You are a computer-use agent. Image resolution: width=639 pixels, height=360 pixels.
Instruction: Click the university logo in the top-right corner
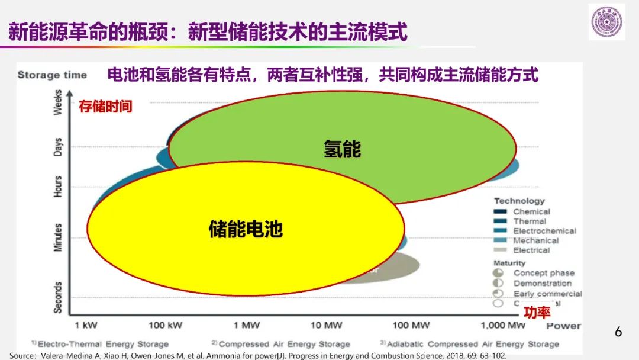click(x=606, y=22)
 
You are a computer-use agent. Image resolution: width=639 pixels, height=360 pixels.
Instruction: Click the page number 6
click(x=618, y=332)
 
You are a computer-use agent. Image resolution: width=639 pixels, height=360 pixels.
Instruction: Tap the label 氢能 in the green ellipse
click(x=342, y=149)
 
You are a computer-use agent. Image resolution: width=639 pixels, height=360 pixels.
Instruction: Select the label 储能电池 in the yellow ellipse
click(x=246, y=229)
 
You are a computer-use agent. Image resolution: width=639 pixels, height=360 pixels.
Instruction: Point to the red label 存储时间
click(x=105, y=107)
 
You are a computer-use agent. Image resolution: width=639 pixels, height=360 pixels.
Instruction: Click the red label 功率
click(x=537, y=313)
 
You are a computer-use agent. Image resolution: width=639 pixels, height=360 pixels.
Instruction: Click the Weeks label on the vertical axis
click(x=58, y=102)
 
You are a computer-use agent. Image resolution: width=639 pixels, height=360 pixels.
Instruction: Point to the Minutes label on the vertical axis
click(x=58, y=237)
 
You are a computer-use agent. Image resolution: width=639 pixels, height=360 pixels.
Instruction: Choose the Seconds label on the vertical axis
click(x=58, y=297)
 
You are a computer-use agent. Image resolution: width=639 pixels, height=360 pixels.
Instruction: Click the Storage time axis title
click(x=52, y=75)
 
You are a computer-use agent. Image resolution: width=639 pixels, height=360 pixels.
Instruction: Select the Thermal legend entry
click(x=530, y=221)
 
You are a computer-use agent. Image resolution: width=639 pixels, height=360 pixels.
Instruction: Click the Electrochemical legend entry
click(x=544, y=231)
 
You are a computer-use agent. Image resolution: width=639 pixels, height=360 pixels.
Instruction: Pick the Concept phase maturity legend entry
click(x=543, y=273)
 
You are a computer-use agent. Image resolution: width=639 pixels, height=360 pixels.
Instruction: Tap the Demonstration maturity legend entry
click(x=542, y=283)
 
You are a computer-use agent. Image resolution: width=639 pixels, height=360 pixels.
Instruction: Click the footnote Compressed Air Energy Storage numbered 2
click(x=284, y=344)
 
